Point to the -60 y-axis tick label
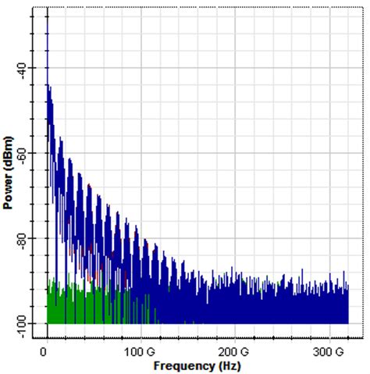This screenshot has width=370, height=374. click(22, 153)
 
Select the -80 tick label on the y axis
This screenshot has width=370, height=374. click(22, 237)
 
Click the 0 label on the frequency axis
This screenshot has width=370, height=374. click(48, 351)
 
